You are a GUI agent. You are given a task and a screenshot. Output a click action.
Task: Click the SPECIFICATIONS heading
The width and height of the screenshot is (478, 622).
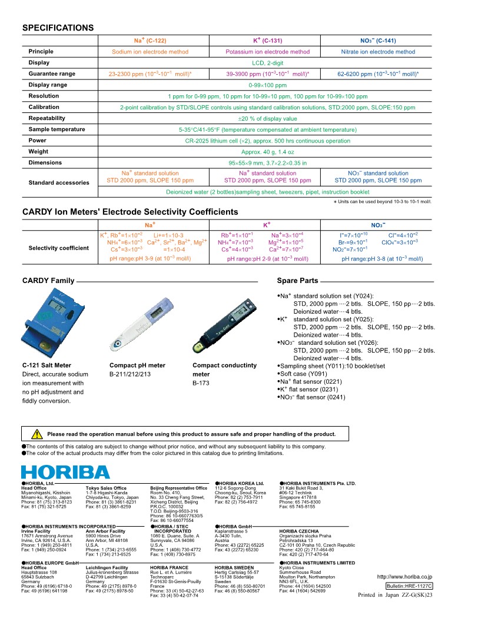pos(58,28)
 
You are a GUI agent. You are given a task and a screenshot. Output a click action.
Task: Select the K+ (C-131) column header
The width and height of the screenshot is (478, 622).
pos(268,41)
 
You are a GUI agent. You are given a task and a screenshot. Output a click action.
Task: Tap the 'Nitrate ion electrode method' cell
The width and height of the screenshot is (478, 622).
pos(378,52)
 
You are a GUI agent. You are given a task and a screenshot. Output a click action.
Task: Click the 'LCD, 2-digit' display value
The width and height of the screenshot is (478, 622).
pos(268,62)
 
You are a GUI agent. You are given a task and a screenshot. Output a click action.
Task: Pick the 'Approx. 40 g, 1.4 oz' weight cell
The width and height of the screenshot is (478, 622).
pos(268,152)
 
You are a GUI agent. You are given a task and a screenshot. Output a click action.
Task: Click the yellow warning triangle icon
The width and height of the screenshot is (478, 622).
pos(36,435)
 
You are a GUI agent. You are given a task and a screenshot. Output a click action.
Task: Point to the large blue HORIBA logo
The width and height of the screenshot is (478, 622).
pos(65,472)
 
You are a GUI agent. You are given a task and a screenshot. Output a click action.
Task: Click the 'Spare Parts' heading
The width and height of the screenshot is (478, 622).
pos(297,281)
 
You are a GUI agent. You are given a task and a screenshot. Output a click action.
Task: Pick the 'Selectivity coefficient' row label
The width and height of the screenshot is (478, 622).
pos(59,248)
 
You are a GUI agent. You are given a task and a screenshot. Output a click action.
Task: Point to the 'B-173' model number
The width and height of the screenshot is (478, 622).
pos(201,383)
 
